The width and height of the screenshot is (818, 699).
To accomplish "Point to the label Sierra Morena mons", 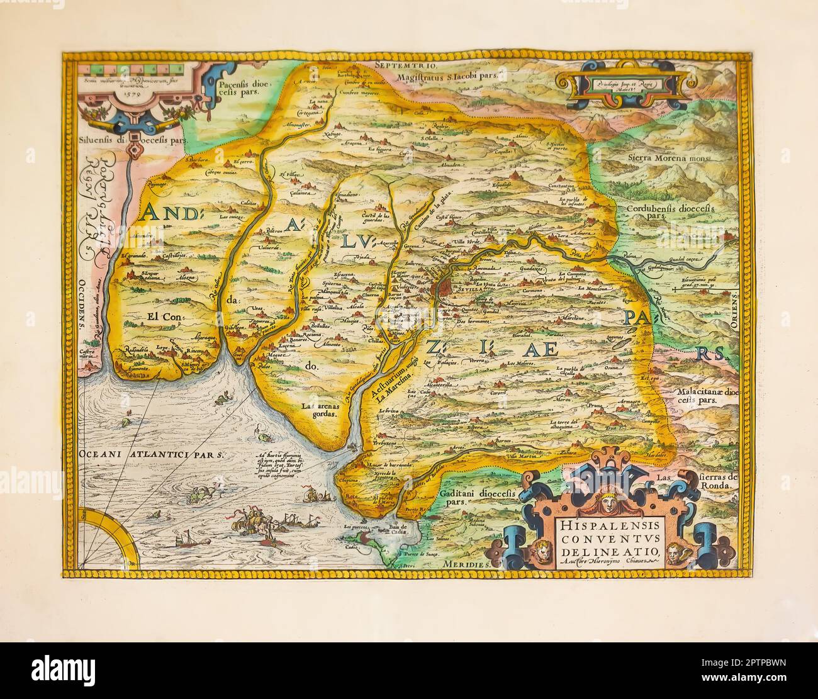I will (x=666, y=159).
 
